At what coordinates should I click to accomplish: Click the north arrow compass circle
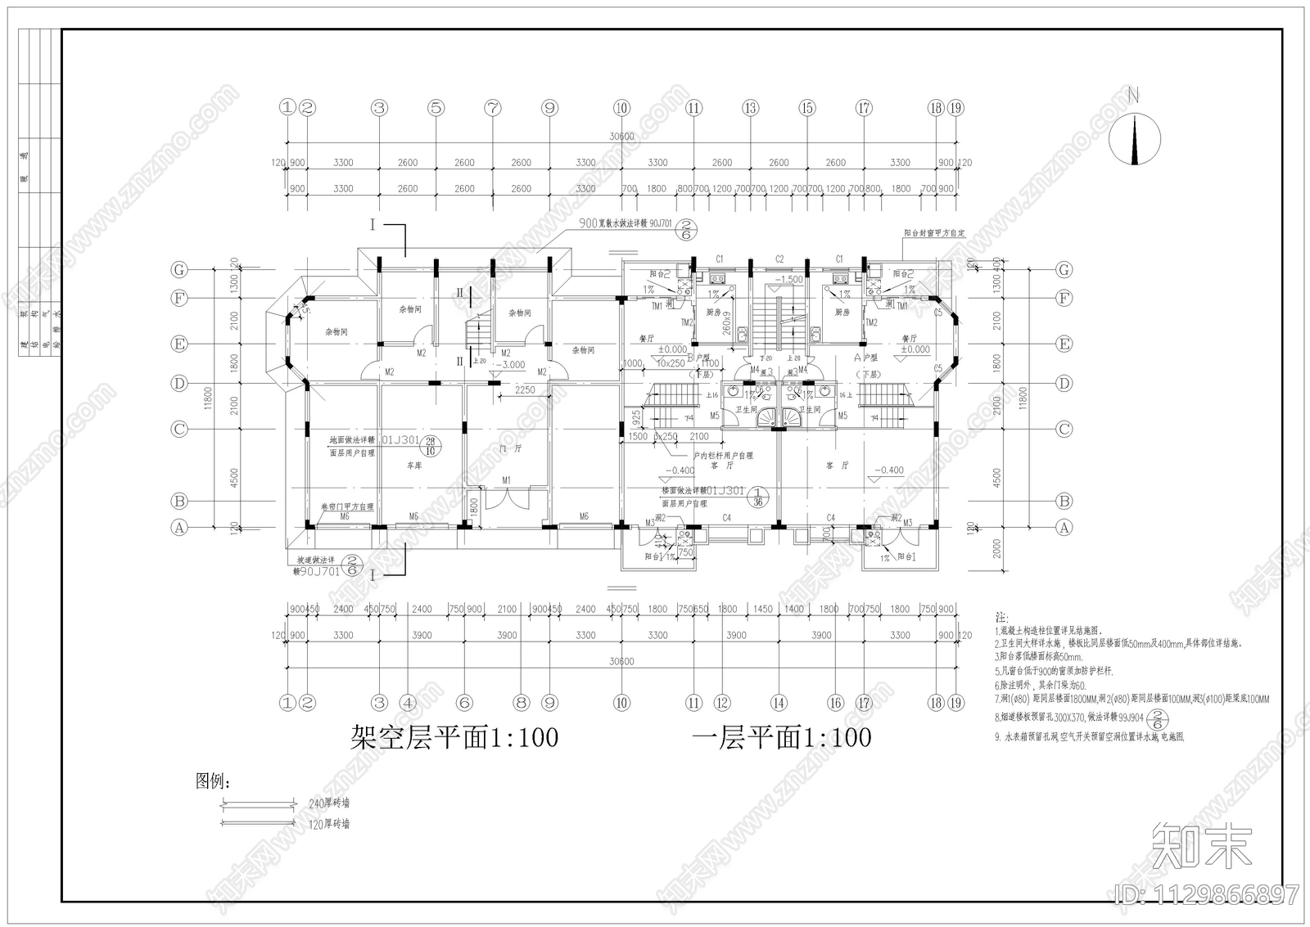point(1134,137)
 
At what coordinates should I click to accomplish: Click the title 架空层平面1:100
point(454,738)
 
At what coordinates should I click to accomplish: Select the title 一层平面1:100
point(781,738)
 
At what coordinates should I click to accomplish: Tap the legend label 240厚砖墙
point(329,803)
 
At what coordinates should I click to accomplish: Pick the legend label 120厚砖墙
point(329,824)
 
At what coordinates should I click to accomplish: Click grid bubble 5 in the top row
point(436,107)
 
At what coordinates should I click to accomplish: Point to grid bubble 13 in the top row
point(750,107)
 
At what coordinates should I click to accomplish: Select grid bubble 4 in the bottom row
point(408,702)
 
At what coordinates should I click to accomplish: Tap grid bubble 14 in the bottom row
point(778,702)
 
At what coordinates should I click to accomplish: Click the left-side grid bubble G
point(178,269)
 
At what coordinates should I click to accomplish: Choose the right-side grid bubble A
point(1064,528)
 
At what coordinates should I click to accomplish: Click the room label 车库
point(414,465)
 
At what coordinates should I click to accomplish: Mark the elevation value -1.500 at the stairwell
point(790,280)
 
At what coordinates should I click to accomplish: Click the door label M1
point(506,479)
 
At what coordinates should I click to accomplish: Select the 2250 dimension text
point(525,390)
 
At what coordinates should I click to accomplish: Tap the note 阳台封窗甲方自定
point(934,233)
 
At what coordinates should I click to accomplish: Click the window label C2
point(779,259)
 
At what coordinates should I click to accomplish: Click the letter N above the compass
point(1134,95)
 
